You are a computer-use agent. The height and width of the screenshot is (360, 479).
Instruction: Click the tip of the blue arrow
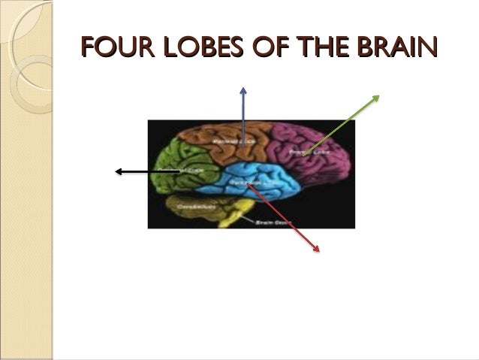tap(243, 88)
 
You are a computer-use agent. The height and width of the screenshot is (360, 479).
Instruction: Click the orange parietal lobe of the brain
tap(218, 143)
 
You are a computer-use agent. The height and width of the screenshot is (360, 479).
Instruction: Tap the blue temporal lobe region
tap(259, 180)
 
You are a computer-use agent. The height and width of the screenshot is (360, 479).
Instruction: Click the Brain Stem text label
tap(267, 222)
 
